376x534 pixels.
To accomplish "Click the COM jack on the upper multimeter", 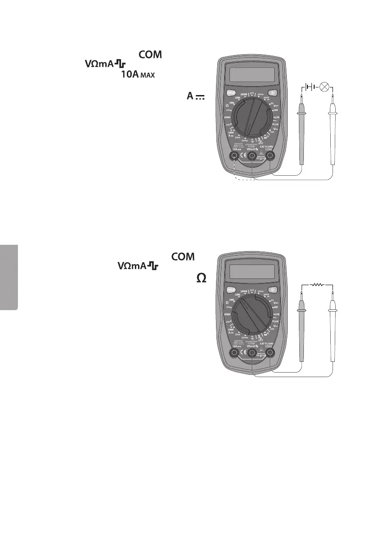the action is point(270,156).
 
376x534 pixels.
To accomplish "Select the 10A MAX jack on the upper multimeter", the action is point(234,156).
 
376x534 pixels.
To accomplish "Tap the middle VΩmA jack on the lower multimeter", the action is point(252,354).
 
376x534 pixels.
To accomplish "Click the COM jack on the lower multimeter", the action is point(270,354).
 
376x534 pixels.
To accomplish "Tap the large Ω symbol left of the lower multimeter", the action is point(201,278).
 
